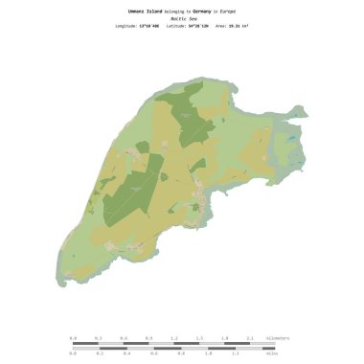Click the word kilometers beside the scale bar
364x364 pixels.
click(275, 338)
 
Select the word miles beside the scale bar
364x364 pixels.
click(270, 353)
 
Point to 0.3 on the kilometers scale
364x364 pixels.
click(98, 338)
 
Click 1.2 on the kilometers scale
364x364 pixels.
click(173, 338)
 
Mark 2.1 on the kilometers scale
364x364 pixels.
click(249, 338)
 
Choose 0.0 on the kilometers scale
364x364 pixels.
click(73, 338)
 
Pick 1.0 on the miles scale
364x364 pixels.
click(196, 353)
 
